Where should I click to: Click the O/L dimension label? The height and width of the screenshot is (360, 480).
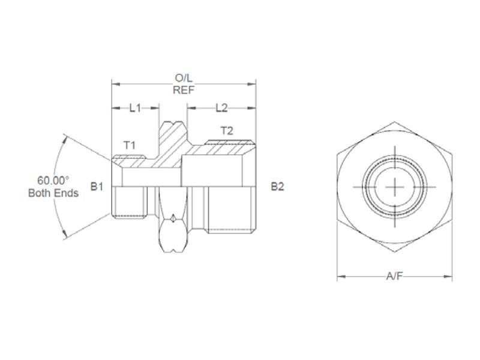click(184, 79)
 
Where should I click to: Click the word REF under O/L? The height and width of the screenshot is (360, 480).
click(184, 90)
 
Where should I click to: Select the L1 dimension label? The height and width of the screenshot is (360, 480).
click(135, 108)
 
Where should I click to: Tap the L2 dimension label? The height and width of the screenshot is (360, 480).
click(221, 108)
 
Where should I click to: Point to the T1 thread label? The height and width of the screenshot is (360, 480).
click(130, 145)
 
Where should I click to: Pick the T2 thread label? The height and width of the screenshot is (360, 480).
click(227, 130)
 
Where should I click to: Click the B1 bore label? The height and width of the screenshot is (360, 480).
click(97, 187)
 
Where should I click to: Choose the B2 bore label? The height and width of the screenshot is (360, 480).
click(277, 187)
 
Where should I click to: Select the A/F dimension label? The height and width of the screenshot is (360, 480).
click(394, 277)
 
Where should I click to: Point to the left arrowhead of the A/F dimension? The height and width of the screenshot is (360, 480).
click(340, 277)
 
